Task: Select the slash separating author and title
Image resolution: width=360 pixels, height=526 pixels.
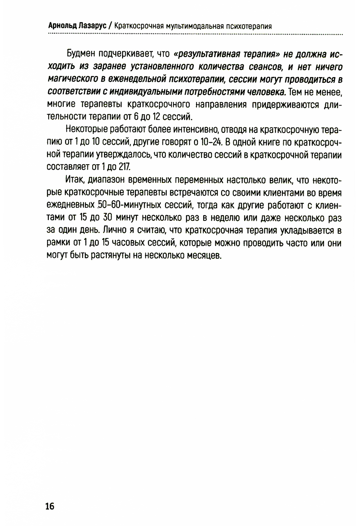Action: (x=110, y=26)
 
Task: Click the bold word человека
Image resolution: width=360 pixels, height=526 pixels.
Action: (x=266, y=92)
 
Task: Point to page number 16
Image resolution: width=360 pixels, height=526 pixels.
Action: (x=50, y=506)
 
